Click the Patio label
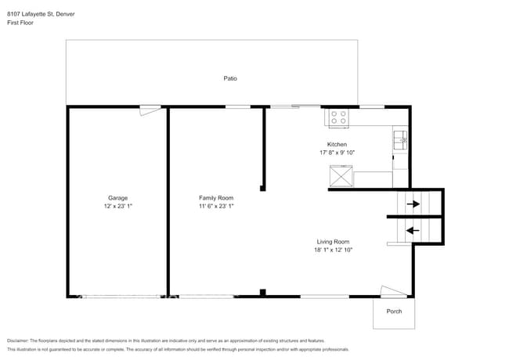coord(230,78)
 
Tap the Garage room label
coord(117,198)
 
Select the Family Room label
coord(215,198)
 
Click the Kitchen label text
coord(337,144)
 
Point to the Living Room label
coord(333,242)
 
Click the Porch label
coord(394,311)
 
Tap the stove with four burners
coord(338,118)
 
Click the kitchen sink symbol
coord(399,140)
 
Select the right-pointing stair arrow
coord(413,204)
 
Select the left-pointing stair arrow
coord(413,230)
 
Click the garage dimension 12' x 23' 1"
coord(117,207)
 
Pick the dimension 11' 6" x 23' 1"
coord(215,207)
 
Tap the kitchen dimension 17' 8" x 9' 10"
coord(337,153)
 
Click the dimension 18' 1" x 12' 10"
coord(333,250)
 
